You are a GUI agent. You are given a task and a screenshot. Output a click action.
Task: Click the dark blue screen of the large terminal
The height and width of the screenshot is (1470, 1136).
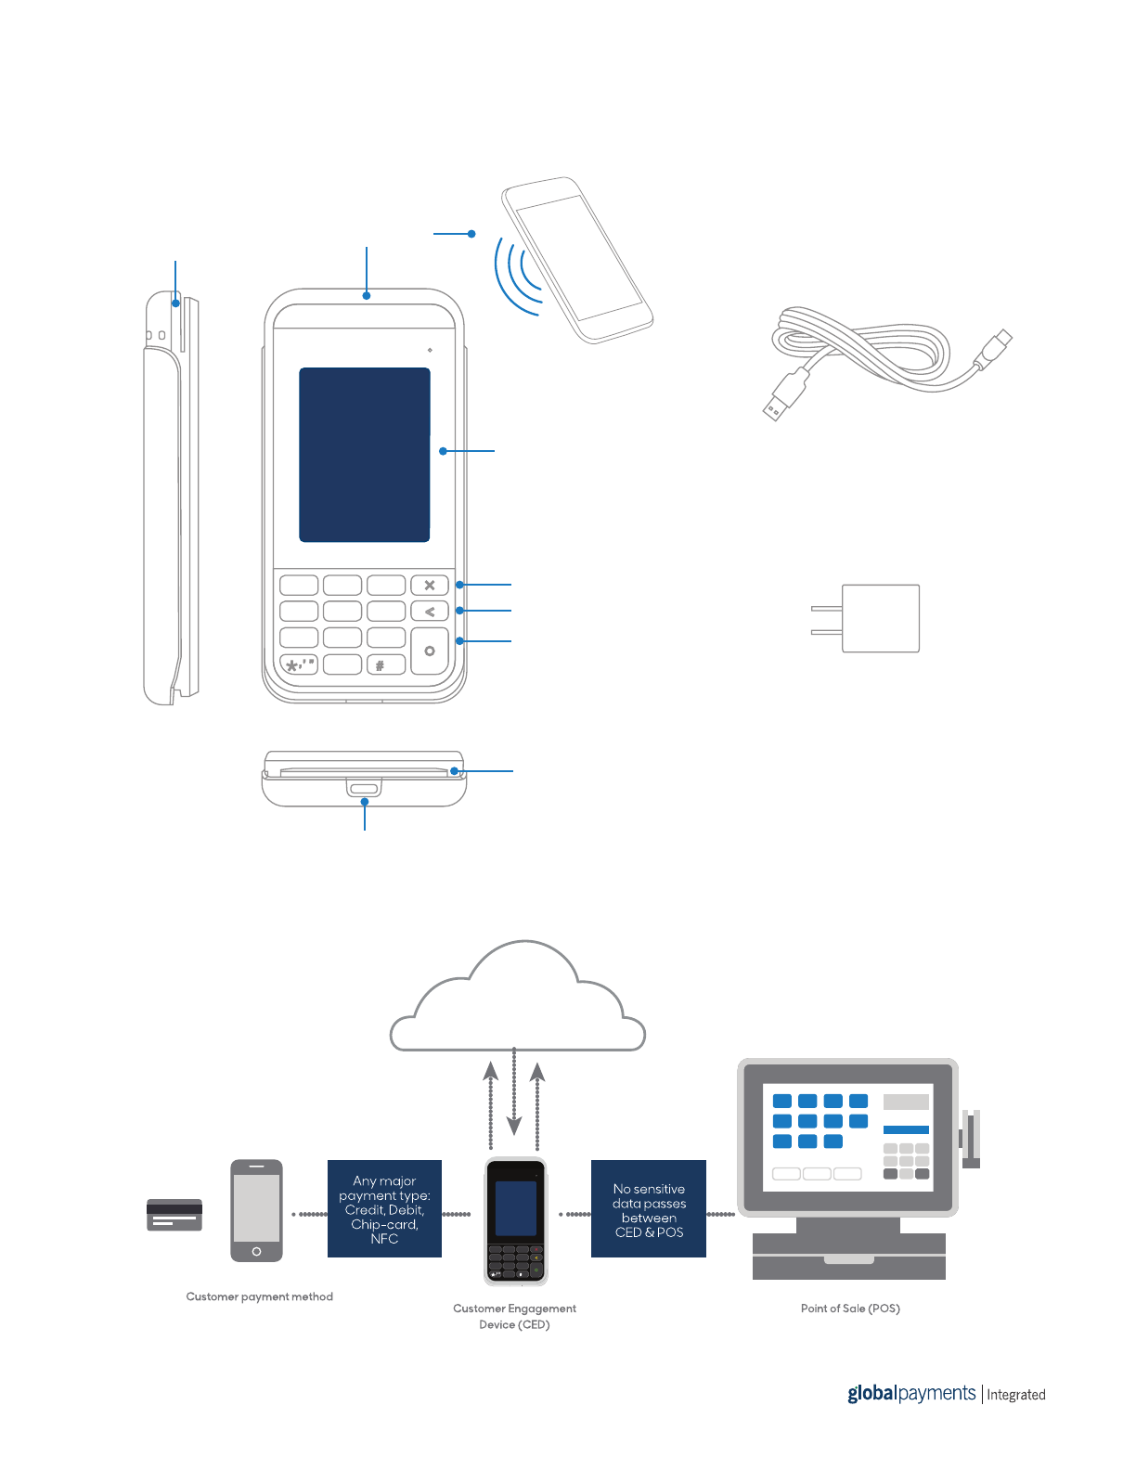(364, 454)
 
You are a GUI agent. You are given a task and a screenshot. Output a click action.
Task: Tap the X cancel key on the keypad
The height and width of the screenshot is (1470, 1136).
(430, 585)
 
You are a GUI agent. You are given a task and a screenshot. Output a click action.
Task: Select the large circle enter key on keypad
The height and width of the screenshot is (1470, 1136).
(430, 651)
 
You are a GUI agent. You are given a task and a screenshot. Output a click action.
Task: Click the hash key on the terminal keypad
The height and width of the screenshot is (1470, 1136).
(380, 664)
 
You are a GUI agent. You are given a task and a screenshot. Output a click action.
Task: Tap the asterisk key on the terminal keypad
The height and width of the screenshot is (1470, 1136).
(299, 664)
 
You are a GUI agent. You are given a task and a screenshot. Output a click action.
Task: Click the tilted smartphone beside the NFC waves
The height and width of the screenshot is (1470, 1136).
(577, 259)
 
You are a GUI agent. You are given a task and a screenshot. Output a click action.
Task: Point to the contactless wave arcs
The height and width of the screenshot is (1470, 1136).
(518, 274)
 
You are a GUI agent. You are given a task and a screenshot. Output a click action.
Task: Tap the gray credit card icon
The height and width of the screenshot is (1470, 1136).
(174, 1215)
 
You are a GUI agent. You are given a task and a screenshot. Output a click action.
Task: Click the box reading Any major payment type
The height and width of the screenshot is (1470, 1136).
(384, 1209)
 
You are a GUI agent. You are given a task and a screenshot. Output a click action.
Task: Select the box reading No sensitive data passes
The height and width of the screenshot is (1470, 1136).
(649, 1209)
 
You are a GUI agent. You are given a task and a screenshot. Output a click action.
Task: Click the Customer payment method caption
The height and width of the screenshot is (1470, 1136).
(259, 1296)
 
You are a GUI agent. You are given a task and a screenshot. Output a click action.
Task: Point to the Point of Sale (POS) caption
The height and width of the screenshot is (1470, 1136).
(850, 1309)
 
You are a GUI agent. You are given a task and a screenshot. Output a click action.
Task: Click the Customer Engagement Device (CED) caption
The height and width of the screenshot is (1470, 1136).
(514, 1316)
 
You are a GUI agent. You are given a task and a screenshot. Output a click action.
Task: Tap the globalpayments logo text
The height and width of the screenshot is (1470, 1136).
(910, 1393)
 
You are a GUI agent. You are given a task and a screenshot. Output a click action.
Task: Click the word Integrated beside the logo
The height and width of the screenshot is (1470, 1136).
(1015, 1395)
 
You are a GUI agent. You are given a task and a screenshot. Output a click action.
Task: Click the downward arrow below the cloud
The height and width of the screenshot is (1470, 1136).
(514, 1122)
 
